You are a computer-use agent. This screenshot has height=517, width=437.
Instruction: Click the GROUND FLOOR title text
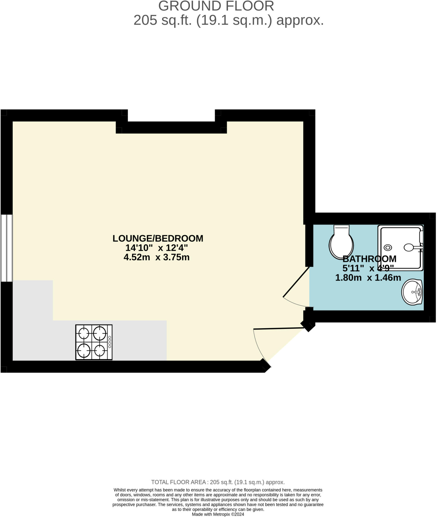click(x=216, y=6)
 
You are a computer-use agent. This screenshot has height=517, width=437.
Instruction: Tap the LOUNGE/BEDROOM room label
click(x=158, y=239)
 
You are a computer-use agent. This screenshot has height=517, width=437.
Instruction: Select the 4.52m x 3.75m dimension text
click(x=157, y=257)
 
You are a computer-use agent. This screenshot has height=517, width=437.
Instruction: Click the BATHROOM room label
click(x=369, y=259)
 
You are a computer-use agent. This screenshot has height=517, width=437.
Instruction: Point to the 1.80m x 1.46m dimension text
click(x=368, y=278)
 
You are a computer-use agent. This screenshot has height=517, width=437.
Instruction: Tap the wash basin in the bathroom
click(x=412, y=292)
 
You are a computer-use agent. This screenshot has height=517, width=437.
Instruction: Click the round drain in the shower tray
click(x=388, y=248)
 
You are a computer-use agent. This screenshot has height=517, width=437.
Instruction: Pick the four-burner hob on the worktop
click(x=94, y=342)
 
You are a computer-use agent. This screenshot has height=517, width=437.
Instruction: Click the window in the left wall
click(x=7, y=248)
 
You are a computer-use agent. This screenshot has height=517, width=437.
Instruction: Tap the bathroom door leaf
click(x=296, y=282)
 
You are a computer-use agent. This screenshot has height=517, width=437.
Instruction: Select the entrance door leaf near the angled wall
click(x=279, y=328)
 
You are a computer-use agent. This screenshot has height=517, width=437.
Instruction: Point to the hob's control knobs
click(x=110, y=342)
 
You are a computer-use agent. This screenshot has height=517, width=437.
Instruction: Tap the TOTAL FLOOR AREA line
click(x=218, y=482)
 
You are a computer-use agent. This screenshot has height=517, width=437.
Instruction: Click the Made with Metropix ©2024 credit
click(x=218, y=514)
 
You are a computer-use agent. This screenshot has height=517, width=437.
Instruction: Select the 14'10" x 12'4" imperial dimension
click(x=157, y=248)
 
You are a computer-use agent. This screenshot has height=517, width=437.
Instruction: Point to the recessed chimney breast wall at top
click(x=171, y=127)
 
